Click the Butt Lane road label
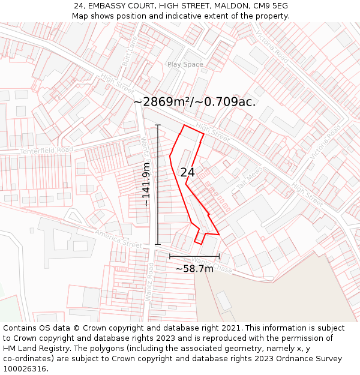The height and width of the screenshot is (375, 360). tap(130, 50)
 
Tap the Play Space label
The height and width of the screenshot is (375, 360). tap(185, 64)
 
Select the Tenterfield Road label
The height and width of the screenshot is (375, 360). tap(46, 150)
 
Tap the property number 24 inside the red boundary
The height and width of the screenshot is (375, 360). tap(187, 172)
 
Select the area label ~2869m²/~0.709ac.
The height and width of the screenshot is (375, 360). tap(194, 102)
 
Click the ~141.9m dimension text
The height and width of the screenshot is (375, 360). tap(146, 184)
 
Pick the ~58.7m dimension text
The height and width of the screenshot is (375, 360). tap(194, 269)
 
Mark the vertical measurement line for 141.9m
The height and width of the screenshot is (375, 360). tap(158, 184)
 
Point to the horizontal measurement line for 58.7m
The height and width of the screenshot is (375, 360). tap(194, 256)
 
